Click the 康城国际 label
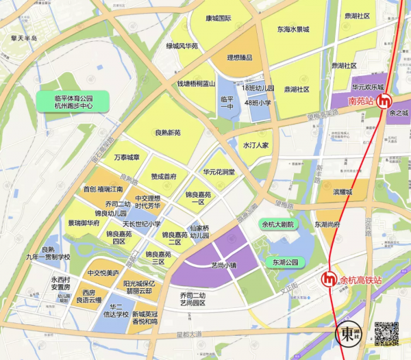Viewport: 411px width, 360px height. click(219, 18)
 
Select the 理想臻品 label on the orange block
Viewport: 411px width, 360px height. click(235, 57)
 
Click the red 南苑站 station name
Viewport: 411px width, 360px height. click(361, 101)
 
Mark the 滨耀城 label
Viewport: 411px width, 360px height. click(340, 192)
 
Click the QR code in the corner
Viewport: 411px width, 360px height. click(386, 333)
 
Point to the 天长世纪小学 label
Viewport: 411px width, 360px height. click(142, 224)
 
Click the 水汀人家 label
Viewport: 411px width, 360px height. click(256, 146)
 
